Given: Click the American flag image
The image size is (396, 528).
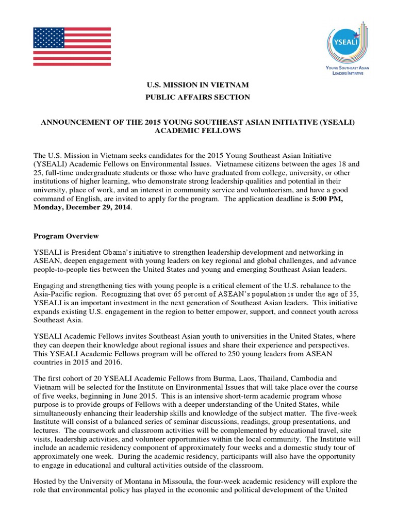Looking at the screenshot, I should click(72, 47).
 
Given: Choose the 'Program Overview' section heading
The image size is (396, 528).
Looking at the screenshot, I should click(66, 236).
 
